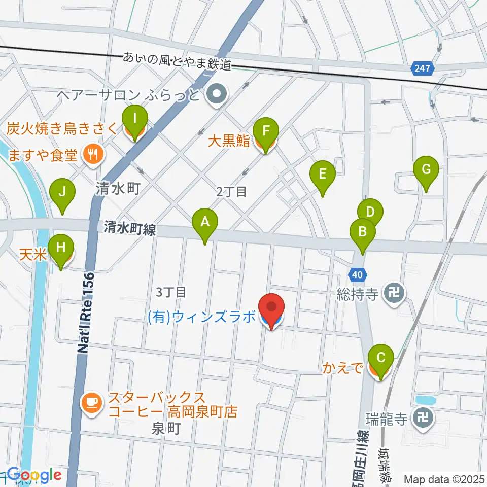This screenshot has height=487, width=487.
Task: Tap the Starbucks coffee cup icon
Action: (91, 403)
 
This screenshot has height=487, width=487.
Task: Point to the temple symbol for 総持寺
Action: (394, 292)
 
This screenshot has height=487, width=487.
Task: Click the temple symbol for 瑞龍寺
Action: (422, 418)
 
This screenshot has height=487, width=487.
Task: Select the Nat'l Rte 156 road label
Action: (87, 312)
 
